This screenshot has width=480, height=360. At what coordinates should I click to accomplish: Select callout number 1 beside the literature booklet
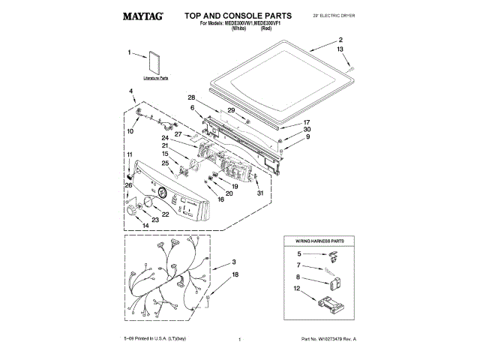click(130, 53)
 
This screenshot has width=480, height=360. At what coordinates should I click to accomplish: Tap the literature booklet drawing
click(156, 63)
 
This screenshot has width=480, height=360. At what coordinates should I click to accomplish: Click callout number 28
click(192, 98)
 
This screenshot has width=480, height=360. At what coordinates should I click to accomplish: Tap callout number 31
click(260, 193)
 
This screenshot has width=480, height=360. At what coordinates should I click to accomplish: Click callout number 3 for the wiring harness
click(234, 262)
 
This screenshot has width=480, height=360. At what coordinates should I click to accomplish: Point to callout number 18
click(234, 276)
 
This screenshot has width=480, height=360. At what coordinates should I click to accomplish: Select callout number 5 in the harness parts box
click(298, 254)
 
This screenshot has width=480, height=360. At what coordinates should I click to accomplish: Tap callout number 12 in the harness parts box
click(298, 289)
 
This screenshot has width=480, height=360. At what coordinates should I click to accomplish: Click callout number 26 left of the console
click(128, 185)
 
